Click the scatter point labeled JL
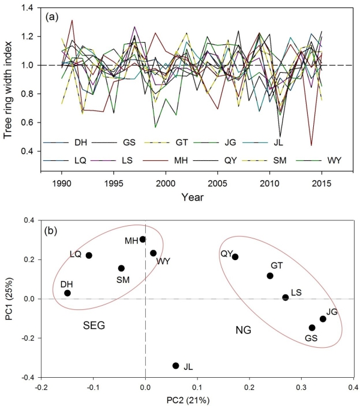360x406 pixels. point(176,365)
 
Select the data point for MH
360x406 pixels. point(143,239)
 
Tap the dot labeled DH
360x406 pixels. point(68,293)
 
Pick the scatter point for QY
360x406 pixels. point(235,257)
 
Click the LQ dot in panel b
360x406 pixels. point(89,255)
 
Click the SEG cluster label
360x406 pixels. point(94,326)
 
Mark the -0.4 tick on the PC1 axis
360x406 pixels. point(26,378)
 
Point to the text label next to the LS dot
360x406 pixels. point(296,292)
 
